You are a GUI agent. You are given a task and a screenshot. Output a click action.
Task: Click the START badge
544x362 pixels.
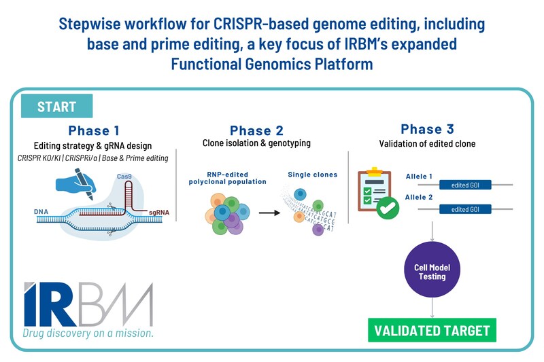click(x=57, y=107)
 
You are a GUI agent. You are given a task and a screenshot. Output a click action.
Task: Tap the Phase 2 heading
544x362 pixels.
click(x=256, y=130)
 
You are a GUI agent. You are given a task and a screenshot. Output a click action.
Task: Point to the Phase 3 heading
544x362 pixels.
click(x=427, y=129)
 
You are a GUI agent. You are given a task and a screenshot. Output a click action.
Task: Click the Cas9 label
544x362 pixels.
click(x=124, y=176)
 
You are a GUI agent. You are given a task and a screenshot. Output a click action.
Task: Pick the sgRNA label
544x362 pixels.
click(x=158, y=213)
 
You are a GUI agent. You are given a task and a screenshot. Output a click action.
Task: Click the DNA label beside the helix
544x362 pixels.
click(x=41, y=212)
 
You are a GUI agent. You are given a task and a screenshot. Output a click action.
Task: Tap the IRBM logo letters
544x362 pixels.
click(x=87, y=304)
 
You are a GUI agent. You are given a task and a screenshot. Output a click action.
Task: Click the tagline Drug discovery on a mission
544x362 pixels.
click(x=88, y=333)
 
